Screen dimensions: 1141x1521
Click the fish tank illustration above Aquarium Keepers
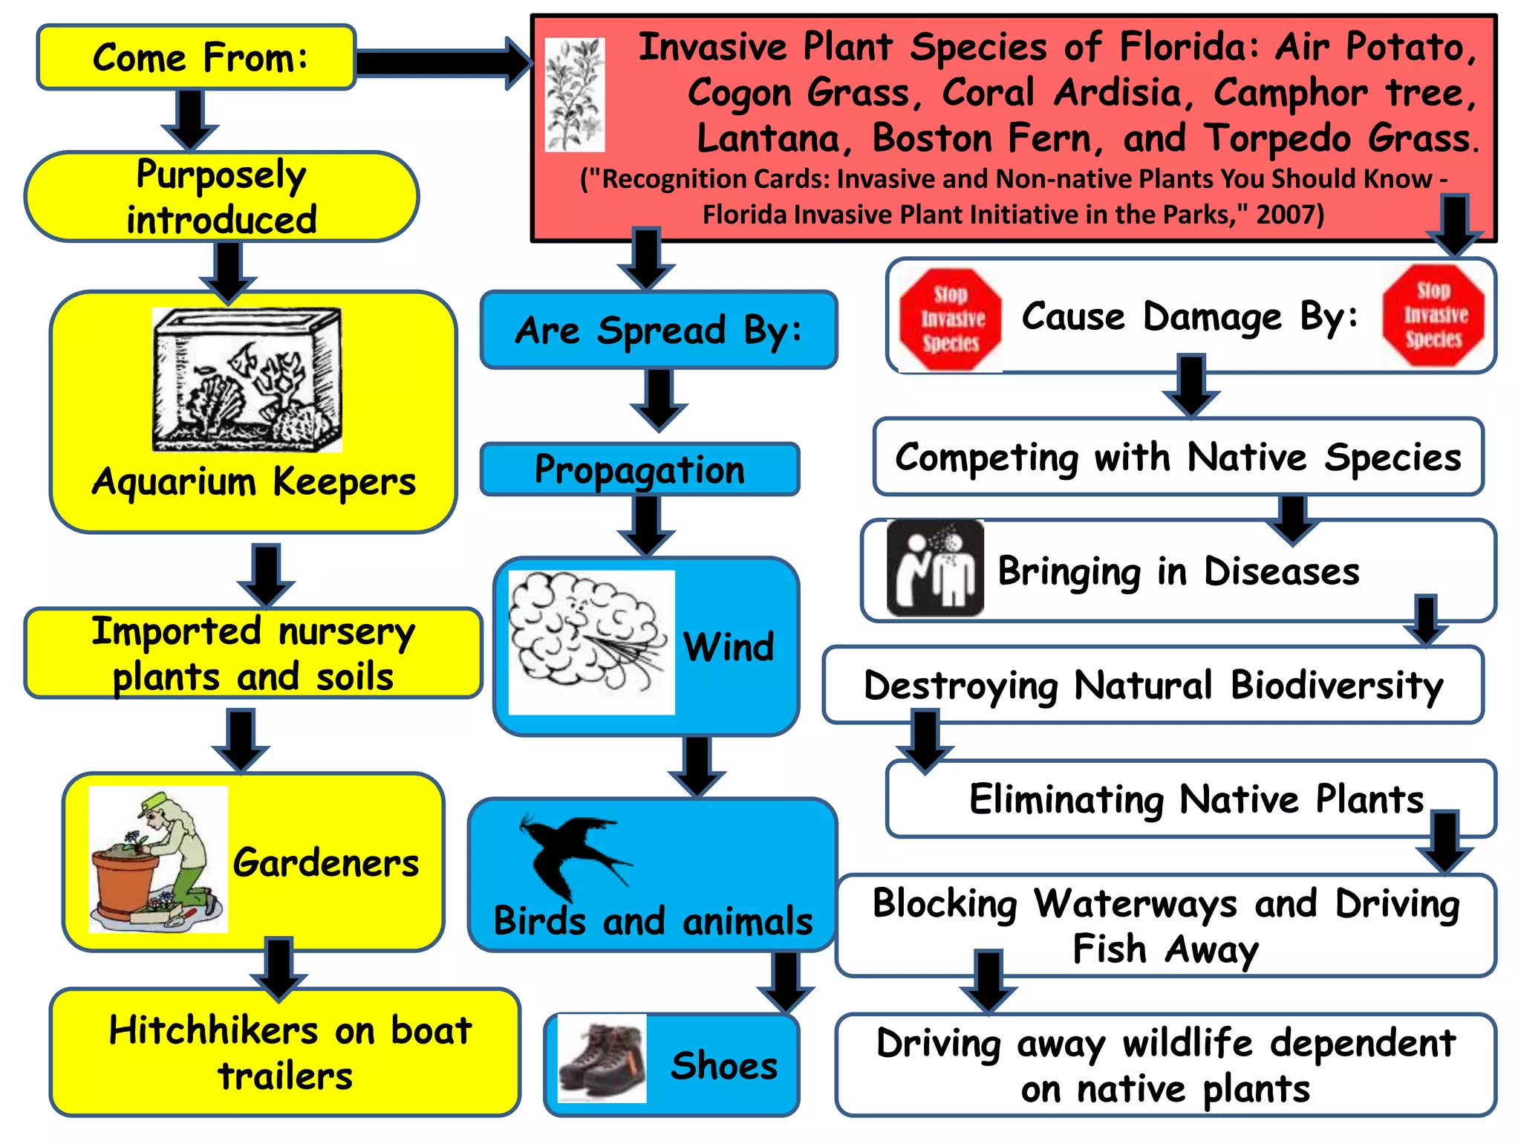tap(247, 380)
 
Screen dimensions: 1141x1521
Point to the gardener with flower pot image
tap(157, 859)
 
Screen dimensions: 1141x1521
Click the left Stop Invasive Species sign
tap(950, 319)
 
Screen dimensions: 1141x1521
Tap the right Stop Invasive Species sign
tap(1433, 315)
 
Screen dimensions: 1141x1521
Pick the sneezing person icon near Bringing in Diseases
tap(935, 568)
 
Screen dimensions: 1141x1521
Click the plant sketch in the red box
tap(574, 95)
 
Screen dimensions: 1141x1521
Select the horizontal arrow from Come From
tap(443, 63)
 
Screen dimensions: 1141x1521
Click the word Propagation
tap(639, 469)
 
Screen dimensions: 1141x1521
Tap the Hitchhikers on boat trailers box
tap(285, 1052)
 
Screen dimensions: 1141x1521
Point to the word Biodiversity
tap(1337, 685)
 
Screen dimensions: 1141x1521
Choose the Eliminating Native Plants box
tap(1191, 799)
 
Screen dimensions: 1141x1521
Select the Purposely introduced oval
tap(221, 197)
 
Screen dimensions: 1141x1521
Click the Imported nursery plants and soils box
tap(253, 654)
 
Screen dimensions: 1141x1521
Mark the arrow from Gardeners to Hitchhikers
tap(279, 969)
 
